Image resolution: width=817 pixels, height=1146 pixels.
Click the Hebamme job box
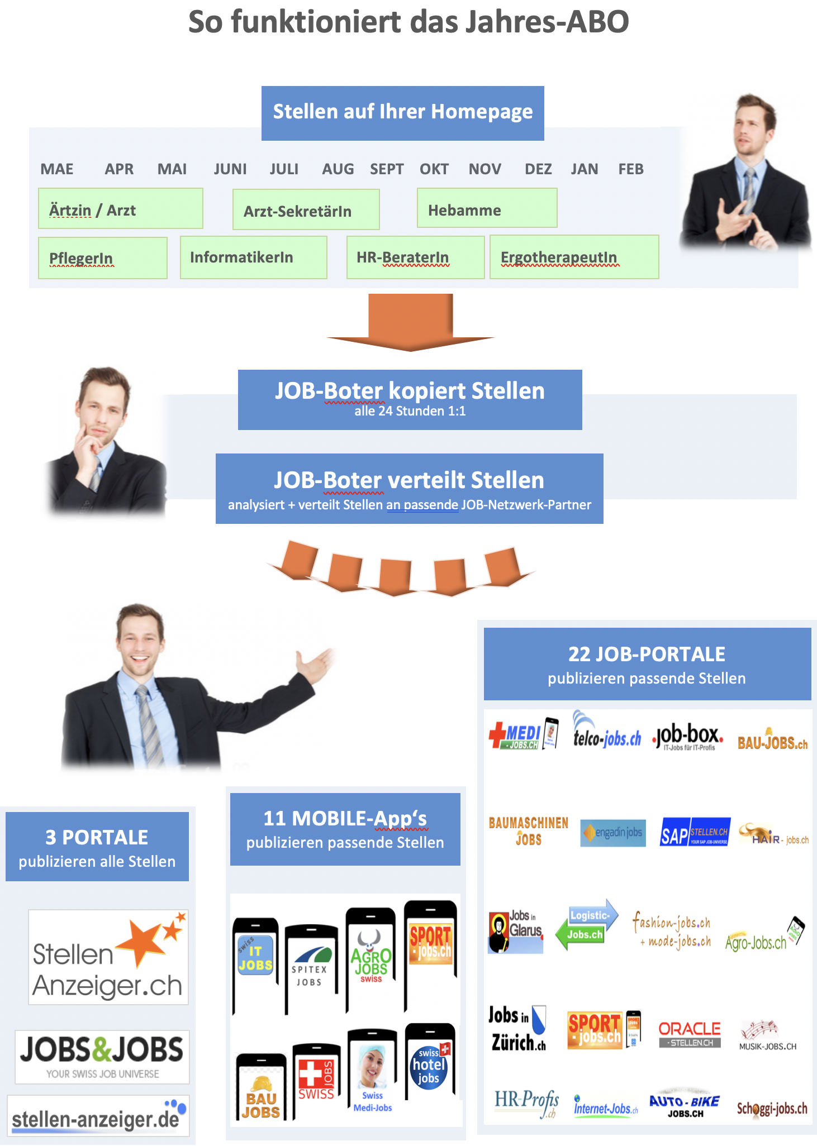coord(487,208)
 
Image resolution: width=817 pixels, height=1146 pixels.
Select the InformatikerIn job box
coord(253,257)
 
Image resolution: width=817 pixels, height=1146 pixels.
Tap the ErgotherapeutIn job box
coord(574,257)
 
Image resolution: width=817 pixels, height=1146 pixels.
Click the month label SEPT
coord(387,169)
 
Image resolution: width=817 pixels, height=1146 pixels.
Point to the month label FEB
coord(631,169)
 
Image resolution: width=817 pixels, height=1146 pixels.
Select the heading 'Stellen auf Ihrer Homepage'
coord(402,112)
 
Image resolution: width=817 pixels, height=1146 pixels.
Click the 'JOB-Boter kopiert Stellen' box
coord(410,399)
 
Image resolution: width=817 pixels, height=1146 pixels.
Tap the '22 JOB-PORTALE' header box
coord(647,664)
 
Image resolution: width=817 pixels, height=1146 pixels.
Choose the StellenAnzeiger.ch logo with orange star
coord(108,957)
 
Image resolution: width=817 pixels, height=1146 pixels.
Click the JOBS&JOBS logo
coord(102,1057)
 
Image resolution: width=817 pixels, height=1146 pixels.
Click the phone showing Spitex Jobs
coord(310,969)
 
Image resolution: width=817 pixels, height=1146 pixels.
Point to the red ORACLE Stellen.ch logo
coord(690,1034)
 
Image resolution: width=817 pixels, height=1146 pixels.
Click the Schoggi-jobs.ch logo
coord(772,1109)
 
